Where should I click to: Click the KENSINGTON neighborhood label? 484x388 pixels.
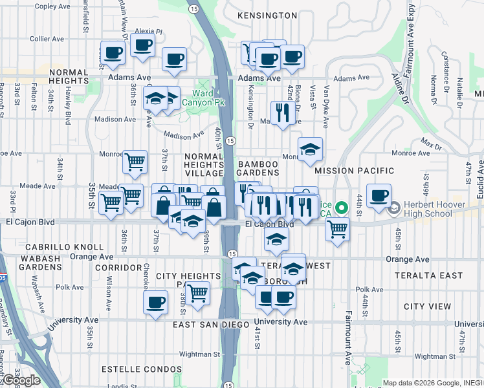pyautogui.click(x=267, y=15)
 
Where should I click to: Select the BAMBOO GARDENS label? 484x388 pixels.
pyautogui.click(x=258, y=169)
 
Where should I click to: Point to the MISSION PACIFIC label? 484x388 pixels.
pyautogui.click(x=354, y=171)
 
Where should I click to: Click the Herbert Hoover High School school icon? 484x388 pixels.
pyautogui.click(x=393, y=208)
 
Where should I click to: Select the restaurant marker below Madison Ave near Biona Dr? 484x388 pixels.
pyautogui.click(x=282, y=113)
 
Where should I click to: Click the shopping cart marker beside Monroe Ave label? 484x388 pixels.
pyautogui.click(x=135, y=162)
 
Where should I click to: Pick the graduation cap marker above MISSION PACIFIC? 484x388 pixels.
pyautogui.click(x=310, y=149)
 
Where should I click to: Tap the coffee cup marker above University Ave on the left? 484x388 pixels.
pyautogui.click(x=155, y=302)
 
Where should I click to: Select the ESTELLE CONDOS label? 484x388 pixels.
pyautogui.click(x=142, y=369)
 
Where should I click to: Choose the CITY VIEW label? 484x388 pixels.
pyautogui.click(x=427, y=306)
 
